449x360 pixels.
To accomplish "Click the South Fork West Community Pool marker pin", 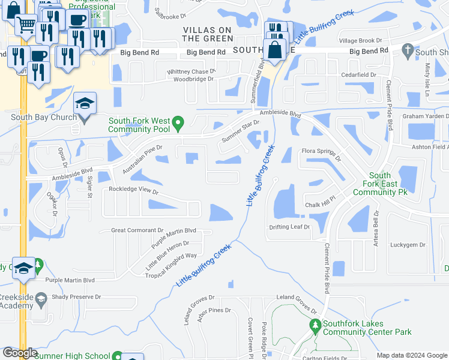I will pyautogui.click(x=178, y=125).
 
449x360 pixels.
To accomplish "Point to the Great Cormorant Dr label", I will pyautogui.click(x=137, y=230).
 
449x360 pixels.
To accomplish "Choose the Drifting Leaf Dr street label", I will pyautogui.click(x=289, y=227).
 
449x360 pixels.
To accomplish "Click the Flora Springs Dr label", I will pyautogui.click(x=321, y=154).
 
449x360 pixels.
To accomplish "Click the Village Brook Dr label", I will pyautogui.click(x=361, y=40).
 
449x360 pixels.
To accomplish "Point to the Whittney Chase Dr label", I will pyautogui.click(x=191, y=71).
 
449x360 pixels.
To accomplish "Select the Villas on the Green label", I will pyautogui.click(x=208, y=34).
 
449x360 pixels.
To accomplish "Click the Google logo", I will pyautogui.click(x=20, y=353).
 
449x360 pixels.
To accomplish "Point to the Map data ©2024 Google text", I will pyautogui.click(x=412, y=355).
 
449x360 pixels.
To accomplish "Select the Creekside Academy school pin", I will pyautogui.click(x=41, y=298).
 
